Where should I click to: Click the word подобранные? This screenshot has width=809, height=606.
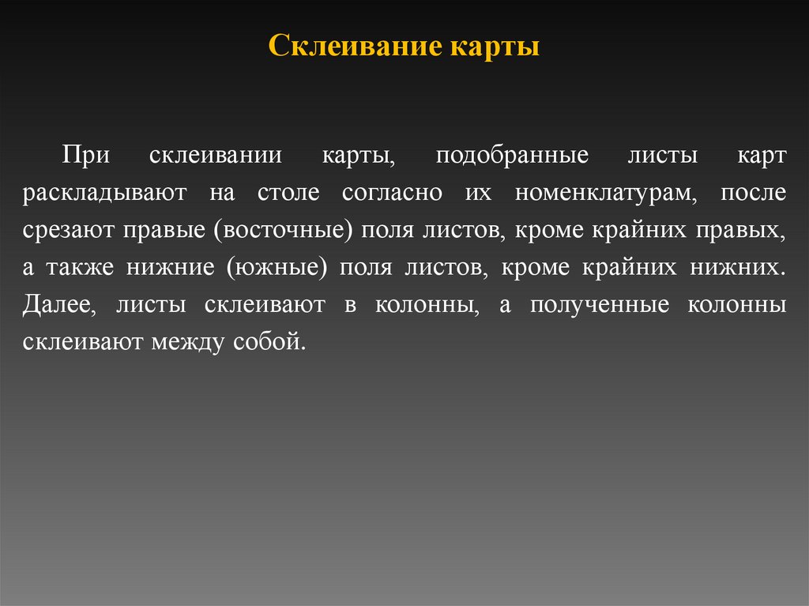coord(512,154)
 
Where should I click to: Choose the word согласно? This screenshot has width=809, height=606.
coord(386,192)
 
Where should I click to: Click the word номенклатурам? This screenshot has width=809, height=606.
coord(597,192)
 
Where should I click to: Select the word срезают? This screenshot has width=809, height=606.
coord(69,230)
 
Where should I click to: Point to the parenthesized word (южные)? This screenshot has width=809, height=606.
coord(277,267)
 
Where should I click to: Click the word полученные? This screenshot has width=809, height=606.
coord(585,305)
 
